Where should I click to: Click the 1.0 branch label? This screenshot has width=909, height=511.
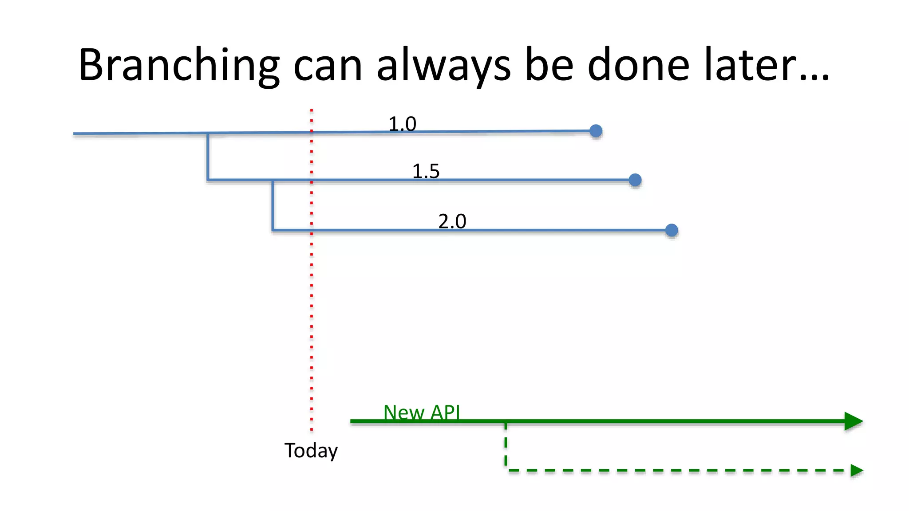point(402,124)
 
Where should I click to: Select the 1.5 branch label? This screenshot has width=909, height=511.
point(426,171)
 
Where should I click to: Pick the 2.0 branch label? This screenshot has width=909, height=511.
point(452,221)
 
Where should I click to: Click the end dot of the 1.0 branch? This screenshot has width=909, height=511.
point(596,131)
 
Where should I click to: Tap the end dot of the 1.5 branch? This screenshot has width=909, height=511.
point(635,180)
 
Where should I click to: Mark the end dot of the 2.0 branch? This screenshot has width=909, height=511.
point(672,230)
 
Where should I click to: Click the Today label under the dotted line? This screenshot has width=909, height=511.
point(311,451)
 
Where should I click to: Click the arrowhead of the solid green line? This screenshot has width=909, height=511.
point(853,421)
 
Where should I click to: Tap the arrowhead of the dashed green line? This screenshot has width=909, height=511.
point(856,470)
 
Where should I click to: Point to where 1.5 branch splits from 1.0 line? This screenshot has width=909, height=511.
point(208,133)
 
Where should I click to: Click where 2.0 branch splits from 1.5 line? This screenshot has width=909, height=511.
point(273,180)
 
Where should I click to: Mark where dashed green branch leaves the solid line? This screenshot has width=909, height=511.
point(506,422)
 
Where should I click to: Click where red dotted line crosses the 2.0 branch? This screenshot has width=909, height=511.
point(312,230)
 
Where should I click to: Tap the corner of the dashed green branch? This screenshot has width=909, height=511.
point(506,470)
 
